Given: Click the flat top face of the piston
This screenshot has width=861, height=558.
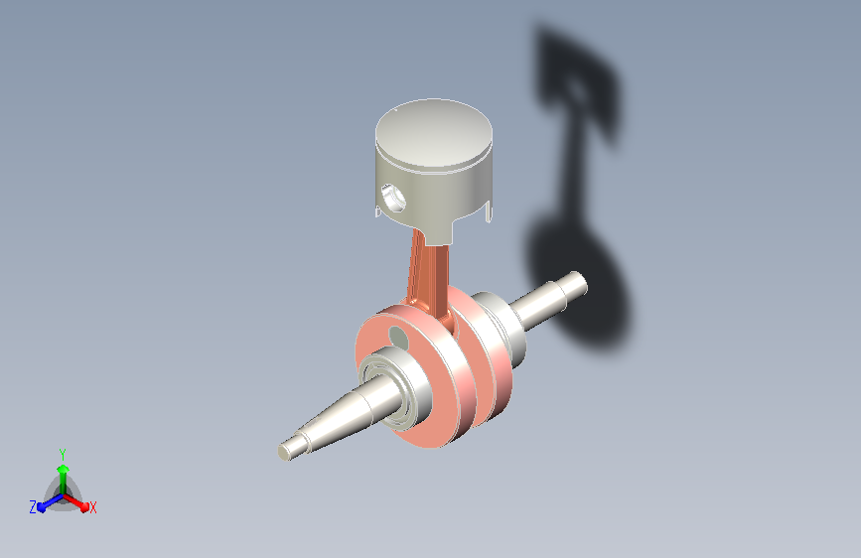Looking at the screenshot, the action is [434, 133].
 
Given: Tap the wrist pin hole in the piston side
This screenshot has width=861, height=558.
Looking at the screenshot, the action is [393, 199].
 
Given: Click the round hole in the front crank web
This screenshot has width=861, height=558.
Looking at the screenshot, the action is [398, 338].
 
